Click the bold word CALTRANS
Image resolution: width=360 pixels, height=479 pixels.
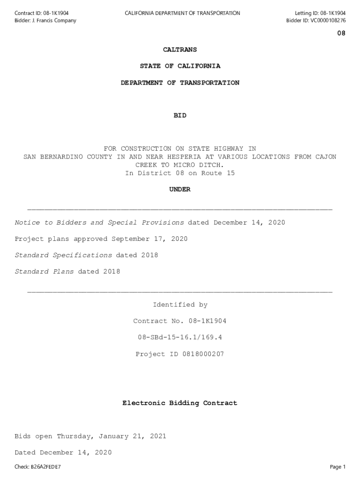coord(180,50)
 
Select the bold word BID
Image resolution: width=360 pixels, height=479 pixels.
coord(180,116)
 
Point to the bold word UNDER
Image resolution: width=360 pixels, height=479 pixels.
coord(180,189)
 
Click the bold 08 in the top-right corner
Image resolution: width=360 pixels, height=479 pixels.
coord(341,34)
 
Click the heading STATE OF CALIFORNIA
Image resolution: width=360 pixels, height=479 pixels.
coord(180,66)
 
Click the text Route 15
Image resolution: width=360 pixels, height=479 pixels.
coord(218,173)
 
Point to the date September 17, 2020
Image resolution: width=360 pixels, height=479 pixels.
coord(149,239)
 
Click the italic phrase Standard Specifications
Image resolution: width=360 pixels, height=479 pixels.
coord(63,255)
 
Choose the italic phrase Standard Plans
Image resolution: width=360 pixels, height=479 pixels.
coord(44,272)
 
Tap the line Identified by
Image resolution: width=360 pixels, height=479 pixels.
coord(180,305)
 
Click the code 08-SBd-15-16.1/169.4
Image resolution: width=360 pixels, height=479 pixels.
coord(180,338)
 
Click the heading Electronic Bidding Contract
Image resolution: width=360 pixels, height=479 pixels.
coord(180,403)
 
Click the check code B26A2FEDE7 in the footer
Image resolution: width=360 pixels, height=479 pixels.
coord(46,467)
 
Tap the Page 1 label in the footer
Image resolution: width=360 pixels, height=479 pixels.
coord(338,467)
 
